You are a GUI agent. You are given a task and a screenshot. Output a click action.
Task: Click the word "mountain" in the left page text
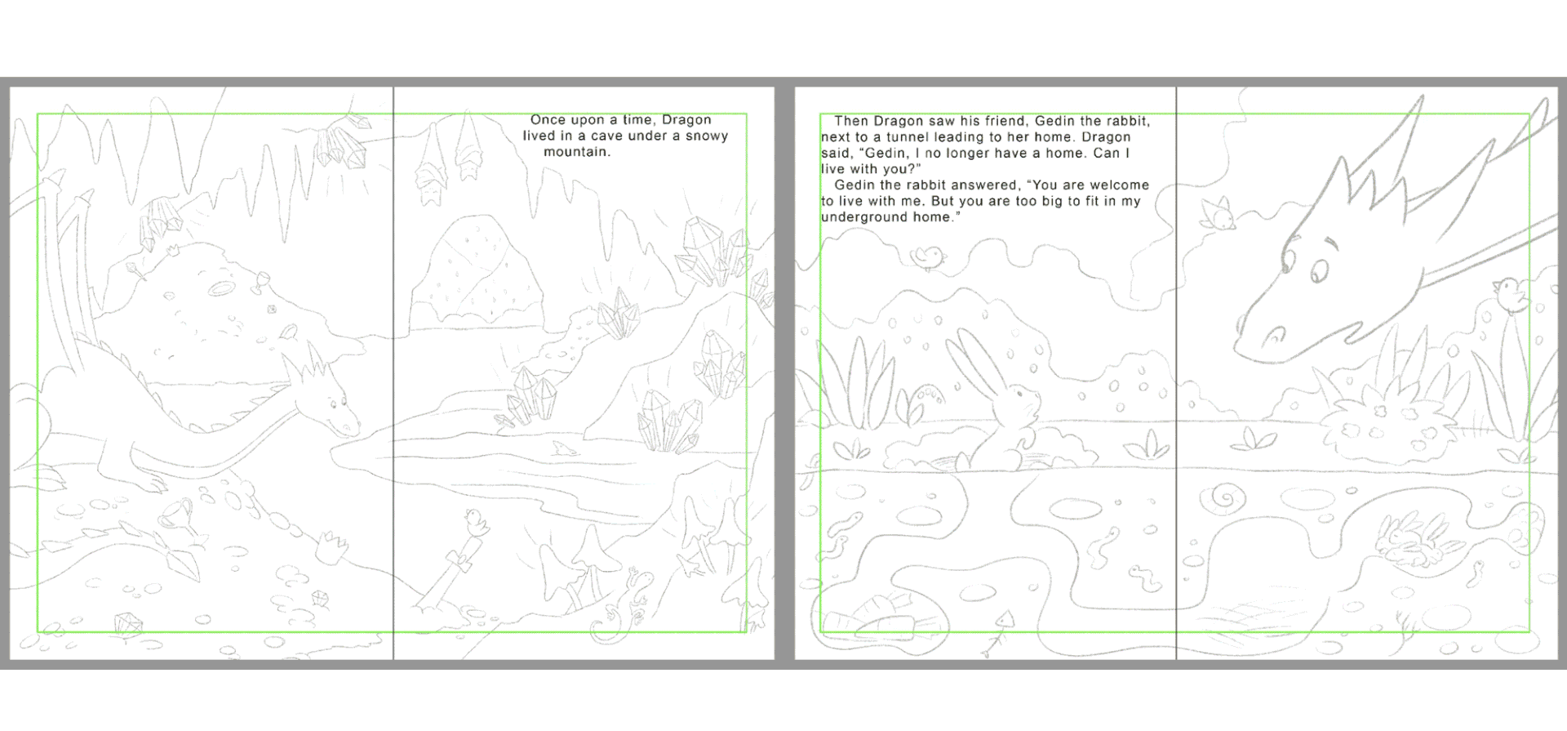click(576, 152)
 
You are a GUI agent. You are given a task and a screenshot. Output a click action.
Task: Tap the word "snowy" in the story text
click(706, 136)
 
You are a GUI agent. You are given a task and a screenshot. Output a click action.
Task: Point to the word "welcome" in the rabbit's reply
click(1116, 185)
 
